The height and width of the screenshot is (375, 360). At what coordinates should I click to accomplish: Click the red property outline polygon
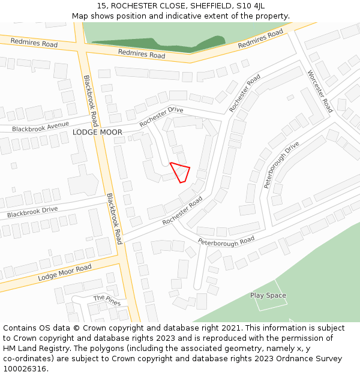pos(181,172)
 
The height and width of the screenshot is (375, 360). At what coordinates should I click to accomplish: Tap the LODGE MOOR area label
pos(97,132)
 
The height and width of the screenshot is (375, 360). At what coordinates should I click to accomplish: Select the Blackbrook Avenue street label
pos(40,128)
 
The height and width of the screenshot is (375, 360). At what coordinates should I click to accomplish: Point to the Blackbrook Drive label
pos(32,212)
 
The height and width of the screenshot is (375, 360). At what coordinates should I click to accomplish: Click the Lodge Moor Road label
pos(65,272)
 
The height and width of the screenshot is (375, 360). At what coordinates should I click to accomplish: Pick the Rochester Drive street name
pos(161,116)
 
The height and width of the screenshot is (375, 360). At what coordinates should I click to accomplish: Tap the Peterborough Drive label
pos(281,165)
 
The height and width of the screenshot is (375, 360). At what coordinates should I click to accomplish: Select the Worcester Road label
pos(320,91)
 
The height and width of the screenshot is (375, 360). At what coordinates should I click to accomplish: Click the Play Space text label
pos(268,295)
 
